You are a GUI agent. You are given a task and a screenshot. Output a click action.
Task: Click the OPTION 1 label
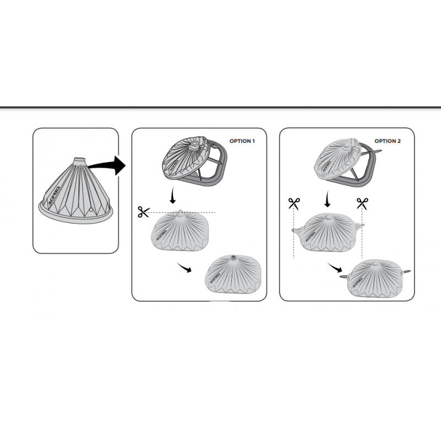(x=242, y=141)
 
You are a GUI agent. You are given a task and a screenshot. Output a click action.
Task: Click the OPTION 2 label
(x=388, y=141)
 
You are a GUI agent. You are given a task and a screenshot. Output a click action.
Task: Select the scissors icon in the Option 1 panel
(x=143, y=212)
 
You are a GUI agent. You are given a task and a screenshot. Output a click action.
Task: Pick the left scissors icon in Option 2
(x=294, y=203)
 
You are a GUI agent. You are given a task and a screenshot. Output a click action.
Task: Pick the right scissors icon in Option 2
(x=362, y=203)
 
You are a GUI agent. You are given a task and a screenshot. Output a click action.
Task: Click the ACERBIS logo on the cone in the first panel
(x=53, y=196)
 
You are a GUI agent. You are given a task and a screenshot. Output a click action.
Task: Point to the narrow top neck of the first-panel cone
(x=79, y=160)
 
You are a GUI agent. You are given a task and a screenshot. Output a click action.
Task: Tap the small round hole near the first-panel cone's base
(x=91, y=210)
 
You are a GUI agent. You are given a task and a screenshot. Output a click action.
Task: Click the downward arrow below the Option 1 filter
(x=173, y=196)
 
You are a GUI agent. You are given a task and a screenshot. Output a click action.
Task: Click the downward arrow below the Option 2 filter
(x=326, y=199)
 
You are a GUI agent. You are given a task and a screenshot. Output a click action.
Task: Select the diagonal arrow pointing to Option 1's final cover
(x=184, y=267)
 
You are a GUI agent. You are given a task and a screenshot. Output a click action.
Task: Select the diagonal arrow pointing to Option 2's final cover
(x=335, y=267)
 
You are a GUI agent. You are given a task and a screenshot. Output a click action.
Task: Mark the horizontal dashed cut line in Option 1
(x=182, y=213)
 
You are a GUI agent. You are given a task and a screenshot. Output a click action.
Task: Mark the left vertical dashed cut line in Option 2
(x=294, y=234)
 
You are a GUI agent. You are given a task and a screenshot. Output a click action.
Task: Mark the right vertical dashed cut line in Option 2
(x=362, y=234)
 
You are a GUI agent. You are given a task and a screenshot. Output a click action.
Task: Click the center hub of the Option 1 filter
(x=194, y=145)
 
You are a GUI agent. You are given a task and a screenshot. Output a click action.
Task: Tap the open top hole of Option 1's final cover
(x=233, y=257)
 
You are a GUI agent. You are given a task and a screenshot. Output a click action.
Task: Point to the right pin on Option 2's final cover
(x=406, y=272)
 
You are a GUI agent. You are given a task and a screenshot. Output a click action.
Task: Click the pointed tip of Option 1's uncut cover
(x=180, y=211)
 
